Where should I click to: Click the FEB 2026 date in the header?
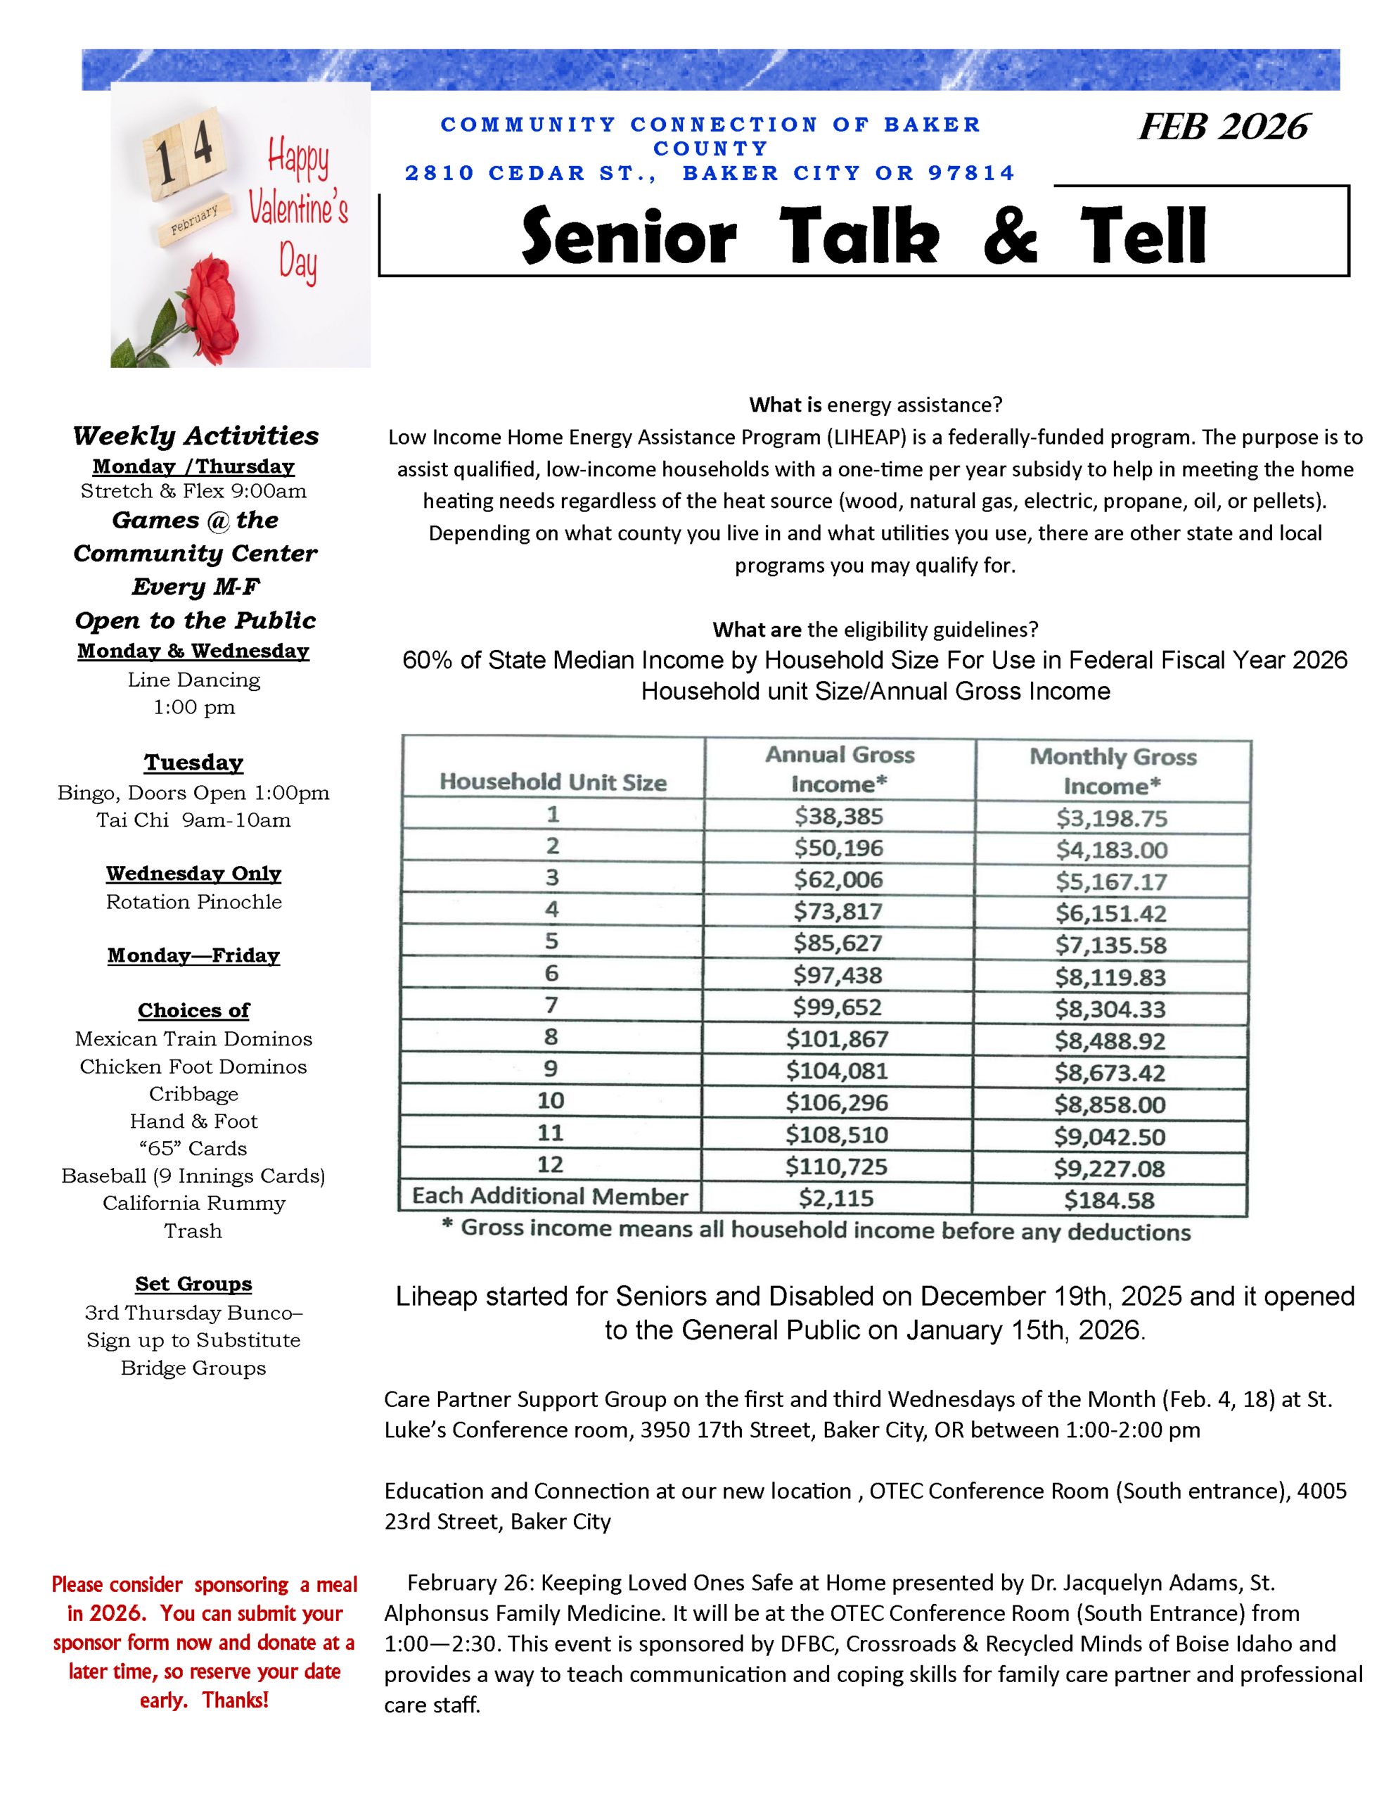(1223, 127)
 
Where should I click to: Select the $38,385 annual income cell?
(838, 816)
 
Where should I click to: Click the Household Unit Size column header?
(553, 782)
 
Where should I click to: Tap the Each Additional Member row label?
(549, 1197)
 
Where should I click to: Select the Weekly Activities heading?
(195, 435)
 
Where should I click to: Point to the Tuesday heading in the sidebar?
(194, 762)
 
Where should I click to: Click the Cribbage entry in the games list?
(194, 1094)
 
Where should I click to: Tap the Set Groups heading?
(194, 1284)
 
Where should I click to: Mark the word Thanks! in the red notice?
(235, 1700)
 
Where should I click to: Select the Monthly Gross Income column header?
(1113, 771)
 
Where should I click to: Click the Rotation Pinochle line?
(194, 902)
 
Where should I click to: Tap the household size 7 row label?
(551, 1005)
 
